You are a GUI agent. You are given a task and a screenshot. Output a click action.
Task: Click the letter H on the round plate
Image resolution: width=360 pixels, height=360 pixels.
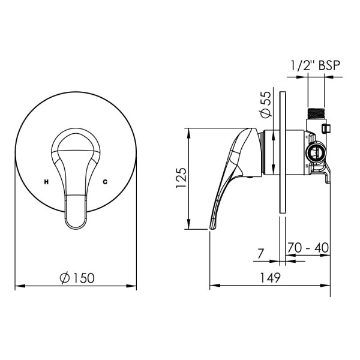[x=46, y=181]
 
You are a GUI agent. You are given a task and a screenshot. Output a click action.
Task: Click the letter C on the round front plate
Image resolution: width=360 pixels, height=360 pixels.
[x=106, y=181]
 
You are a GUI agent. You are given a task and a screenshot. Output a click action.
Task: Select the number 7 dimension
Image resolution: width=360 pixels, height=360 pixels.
[x=260, y=254]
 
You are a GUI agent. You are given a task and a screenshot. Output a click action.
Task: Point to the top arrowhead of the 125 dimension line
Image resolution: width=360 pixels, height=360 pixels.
[x=190, y=130]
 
